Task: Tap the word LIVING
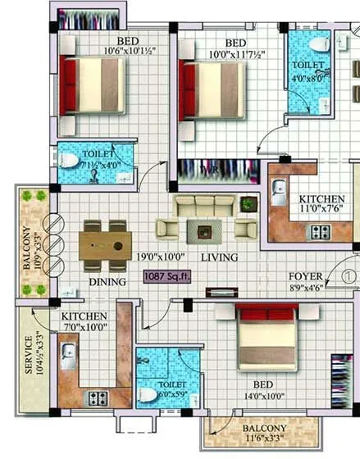tap(220, 257)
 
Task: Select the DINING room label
tap(107, 282)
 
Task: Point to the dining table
tap(106, 243)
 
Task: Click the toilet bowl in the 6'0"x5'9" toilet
tap(148, 395)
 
